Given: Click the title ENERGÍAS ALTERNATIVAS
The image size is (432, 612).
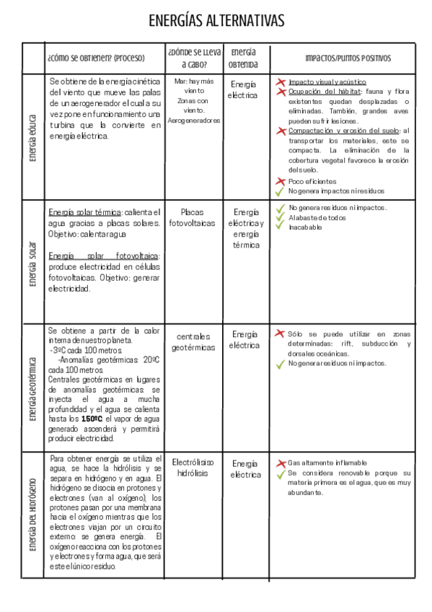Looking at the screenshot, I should click(216, 20).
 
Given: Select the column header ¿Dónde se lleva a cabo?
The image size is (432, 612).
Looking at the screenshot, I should click(193, 58).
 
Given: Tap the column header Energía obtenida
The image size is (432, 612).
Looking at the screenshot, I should click(243, 58).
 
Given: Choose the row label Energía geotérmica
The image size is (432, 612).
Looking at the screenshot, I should click(32, 388).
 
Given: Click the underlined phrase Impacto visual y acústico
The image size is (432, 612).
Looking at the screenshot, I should click(327, 82).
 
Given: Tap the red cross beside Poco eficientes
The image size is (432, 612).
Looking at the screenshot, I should click(280, 181).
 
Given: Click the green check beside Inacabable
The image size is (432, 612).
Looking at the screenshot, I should click(280, 227).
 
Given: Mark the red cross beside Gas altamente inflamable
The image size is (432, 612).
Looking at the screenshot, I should click(281, 463).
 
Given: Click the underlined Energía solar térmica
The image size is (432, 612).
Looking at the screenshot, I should click(84, 212).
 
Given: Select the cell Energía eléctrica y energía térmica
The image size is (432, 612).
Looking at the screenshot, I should click(245, 228).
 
